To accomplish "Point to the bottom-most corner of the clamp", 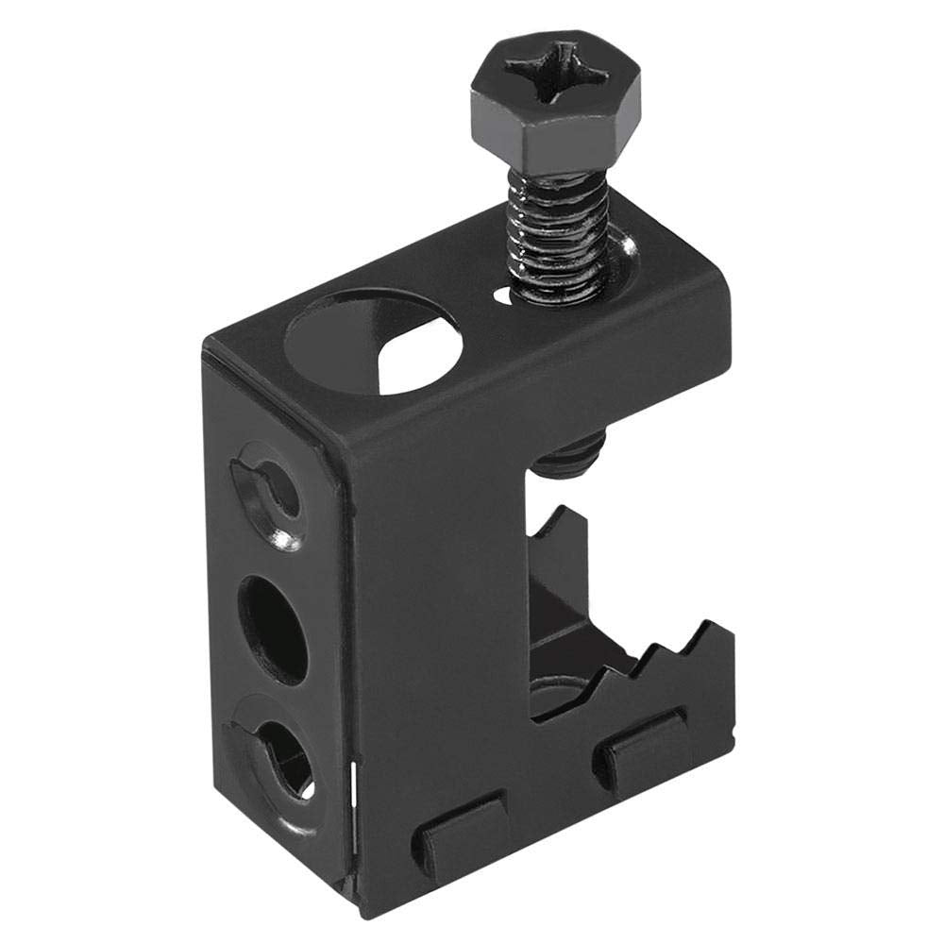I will point(359,914).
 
